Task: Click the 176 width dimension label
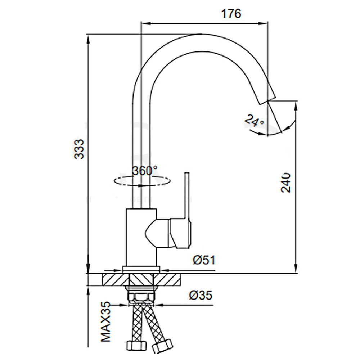click(231, 14)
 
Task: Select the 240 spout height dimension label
click(285, 182)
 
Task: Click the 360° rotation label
click(145, 171)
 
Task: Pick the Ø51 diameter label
click(204, 260)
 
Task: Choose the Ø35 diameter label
click(201, 295)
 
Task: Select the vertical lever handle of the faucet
click(187, 195)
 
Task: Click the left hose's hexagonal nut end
click(137, 345)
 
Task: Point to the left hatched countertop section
click(115, 279)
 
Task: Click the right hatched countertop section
click(168, 279)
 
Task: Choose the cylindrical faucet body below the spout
click(141, 237)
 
